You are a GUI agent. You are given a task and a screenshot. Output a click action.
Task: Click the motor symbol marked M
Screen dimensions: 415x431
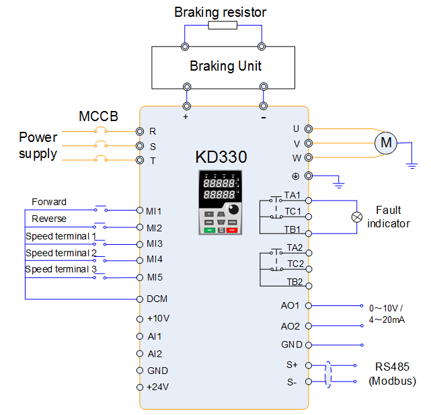point(385,142)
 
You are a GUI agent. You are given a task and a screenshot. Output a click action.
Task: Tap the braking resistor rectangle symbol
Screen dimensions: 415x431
point(222,26)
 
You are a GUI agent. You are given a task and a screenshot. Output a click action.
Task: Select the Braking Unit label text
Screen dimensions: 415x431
point(225,66)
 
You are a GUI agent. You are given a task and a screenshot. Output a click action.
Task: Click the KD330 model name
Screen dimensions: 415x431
point(221,157)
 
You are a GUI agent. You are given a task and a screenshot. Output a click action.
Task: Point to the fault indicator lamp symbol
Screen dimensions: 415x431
point(357,217)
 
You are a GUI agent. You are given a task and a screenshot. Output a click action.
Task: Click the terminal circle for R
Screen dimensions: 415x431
point(140,131)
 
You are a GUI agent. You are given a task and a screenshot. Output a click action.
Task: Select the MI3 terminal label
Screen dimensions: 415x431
point(154,243)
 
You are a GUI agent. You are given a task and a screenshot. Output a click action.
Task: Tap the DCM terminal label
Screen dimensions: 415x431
point(157,298)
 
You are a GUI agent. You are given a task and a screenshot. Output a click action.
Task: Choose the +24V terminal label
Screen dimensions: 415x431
point(158,387)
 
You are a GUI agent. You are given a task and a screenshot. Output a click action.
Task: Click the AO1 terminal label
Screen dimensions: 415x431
point(290,305)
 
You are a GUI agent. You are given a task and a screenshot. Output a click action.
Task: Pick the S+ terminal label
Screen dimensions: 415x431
point(292,365)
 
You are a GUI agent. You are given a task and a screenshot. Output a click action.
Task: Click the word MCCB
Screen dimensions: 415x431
point(98,116)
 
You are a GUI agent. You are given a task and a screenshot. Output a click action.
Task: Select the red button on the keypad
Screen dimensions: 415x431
point(233,230)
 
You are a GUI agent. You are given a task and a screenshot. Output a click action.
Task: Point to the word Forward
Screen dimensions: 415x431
point(49,202)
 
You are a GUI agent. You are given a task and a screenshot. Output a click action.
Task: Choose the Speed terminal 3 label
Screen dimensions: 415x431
point(61,269)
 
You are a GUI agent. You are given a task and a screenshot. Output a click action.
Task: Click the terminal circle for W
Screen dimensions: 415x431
point(309,157)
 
